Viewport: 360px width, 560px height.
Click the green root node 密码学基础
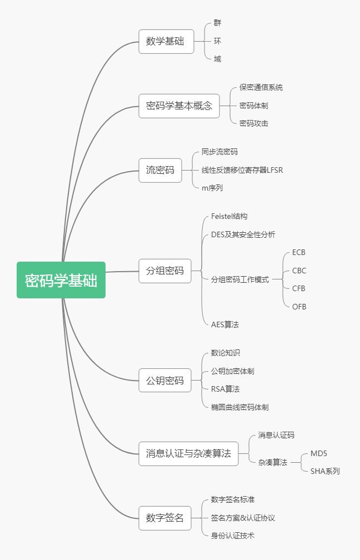tap(61, 280)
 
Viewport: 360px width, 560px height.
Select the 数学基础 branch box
tap(166, 42)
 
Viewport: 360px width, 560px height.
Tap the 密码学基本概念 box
tap(179, 106)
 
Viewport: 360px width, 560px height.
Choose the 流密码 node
tap(160, 170)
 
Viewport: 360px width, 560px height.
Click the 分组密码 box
tap(164, 271)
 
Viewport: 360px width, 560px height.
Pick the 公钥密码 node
tap(164, 381)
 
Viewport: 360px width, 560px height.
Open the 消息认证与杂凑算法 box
tap(188, 453)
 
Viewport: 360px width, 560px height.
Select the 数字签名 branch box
tap(164, 518)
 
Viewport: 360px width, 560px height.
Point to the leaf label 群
tap(217, 23)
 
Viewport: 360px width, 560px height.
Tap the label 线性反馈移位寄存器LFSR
tap(242, 170)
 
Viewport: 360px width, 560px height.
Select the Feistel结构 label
tap(229, 216)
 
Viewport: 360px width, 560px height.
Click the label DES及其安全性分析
tap(243, 234)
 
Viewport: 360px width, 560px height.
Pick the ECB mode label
tap(299, 252)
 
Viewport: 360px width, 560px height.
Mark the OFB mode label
tap(299, 307)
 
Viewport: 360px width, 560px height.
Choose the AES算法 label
tap(225, 324)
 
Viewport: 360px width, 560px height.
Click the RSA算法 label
tap(225, 389)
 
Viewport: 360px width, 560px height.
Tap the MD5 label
tap(319, 453)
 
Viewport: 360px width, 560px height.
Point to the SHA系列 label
tap(325, 471)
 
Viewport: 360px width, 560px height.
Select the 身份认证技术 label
tap(233, 536)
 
